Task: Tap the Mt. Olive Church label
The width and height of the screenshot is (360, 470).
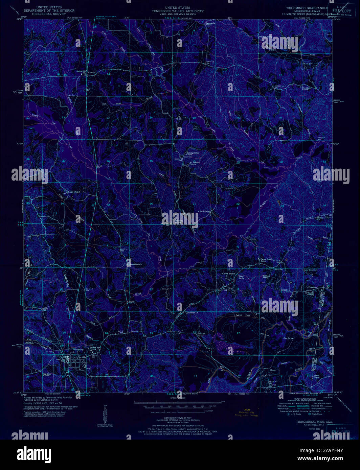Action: pos(46,375)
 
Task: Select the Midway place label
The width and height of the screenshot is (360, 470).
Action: pos(91,72)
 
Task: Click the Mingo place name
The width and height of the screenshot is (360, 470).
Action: pos(273,370)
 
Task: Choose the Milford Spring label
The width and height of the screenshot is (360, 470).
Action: pos(204,211)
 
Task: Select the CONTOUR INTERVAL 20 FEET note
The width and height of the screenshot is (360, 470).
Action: pos(180,418)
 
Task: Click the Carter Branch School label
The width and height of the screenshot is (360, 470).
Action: pos(267,260)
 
